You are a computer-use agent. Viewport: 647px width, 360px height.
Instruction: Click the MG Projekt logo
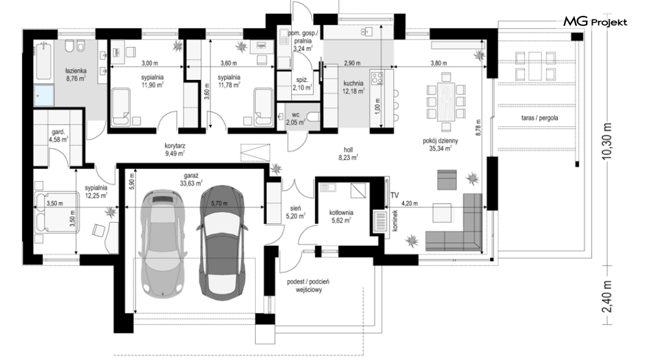tap(595, 22)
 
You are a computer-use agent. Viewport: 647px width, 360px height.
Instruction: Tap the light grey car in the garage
tap(162, 242)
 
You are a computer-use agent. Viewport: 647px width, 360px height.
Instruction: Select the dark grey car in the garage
tap(222, 242)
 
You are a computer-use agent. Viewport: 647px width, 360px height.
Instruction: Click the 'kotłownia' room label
tap(341, 213)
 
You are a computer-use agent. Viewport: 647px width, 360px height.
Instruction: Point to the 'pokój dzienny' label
tap(440, 140)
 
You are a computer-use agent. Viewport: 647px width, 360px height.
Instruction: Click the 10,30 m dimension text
tap(607, 141)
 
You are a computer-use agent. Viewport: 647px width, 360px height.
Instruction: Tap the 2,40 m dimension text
tap(607, 297)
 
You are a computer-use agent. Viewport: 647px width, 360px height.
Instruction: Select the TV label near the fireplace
tap(394, 195)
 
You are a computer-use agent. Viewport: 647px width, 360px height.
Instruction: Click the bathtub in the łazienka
tap(43, 61)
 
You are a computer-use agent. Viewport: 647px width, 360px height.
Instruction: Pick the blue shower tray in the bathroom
tap(44, 96)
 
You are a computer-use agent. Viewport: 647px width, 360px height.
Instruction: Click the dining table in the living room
tap(446, 101)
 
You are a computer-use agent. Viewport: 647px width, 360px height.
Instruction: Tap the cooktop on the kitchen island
tap(378, 78)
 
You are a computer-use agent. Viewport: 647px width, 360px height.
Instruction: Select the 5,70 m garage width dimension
tap(219, 203)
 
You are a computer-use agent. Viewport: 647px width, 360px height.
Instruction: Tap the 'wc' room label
tap(295, 115)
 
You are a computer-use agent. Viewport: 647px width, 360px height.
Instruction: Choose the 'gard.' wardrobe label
tap(58, 132)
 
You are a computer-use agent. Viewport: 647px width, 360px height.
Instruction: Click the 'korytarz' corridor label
tap(175, 146)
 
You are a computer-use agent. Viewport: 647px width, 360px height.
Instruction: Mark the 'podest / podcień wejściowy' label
tap(308, 286)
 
